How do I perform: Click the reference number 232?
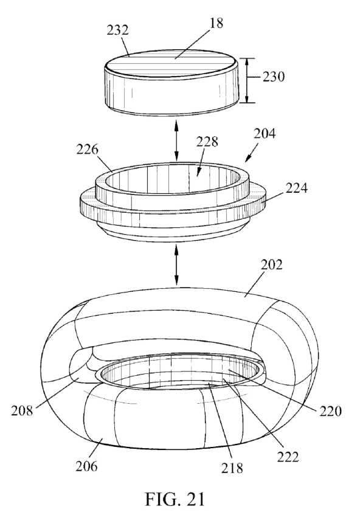(117, 30)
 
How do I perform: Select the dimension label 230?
(274, 77)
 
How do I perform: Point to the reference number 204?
(265, 134)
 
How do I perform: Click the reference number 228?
(207, 142)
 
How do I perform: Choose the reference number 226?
(87, 149)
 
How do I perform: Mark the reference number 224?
(297, 188)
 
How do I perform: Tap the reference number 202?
(271, 265)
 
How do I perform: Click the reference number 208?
(22, 410)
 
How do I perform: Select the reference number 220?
(331, 411)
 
